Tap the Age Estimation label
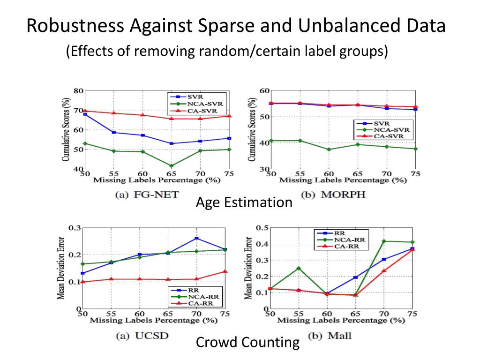pyautogui.click(x=244, y=202)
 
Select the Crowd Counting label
pyautogui.click(x=247, y=343)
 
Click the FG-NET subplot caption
pyautogui.click(x=147, y=195)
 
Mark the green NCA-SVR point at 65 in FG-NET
pyautogui.click(x=172, y=165)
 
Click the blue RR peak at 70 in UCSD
pyautogui.click(x=197, y=239)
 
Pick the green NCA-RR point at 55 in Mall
pyautogui.click(x=299, y=268)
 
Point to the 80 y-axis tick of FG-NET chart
pyautogui.click(x=78, y=91)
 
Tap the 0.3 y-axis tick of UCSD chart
pyautogui.click(x=75, y=228)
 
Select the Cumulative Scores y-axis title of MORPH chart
pyautogui.click(x=253, y=129)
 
